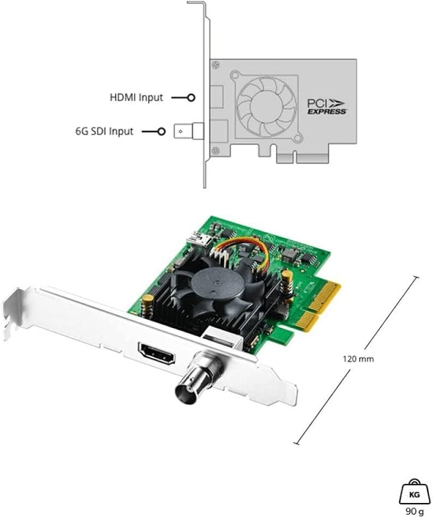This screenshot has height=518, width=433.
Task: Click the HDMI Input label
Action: pos(136,97)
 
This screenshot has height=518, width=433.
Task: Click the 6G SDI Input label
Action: pos(103,132)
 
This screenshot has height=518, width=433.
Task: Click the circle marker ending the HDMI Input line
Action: pos(191,97)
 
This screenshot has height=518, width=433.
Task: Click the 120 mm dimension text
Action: pos(358,358)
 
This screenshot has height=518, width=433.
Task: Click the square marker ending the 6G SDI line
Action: pos(161,132)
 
